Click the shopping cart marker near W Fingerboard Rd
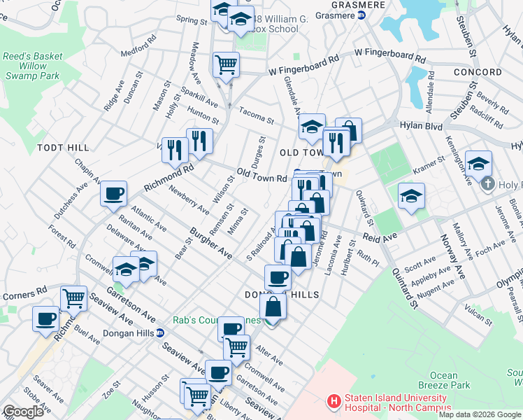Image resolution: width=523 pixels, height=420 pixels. (226, 65)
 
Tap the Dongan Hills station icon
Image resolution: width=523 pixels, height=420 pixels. (160, 333)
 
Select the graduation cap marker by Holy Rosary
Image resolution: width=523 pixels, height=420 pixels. (478, 164)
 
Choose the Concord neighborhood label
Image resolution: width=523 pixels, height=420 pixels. (478, 72)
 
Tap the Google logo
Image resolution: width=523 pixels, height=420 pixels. (23, 411)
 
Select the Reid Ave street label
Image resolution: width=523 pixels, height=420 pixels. (380, 237)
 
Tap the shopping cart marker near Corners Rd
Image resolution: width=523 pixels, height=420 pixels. (73, 298)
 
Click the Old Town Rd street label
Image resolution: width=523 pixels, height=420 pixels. (261, 175)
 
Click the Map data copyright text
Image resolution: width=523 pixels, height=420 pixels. (480, 414)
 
